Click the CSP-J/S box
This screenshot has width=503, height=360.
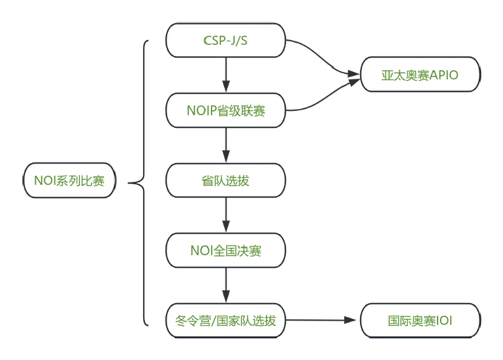pyautogui.click(x=225, y=41)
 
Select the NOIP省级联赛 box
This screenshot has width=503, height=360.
pyautogui.click(x=225, y=111)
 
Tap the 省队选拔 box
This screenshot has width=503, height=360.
pyautogui.click(x=225, y=181)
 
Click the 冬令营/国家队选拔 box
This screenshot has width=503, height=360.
pyautogui.click(x=225, y=321)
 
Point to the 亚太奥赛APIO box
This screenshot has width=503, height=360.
pyautogui.click(x=420, y=76)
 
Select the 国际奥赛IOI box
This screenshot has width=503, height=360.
pyautogui.click(x=420, y=321)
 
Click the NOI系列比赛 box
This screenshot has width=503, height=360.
pyautogui.click(x=69, y=181)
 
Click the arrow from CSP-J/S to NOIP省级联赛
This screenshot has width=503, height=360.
pyautogui.click(x=225, y=76)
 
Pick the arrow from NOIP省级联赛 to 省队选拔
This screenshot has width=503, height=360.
pyautogui.click(x=225, y=145)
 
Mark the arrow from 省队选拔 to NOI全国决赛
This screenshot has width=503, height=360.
pyautogui.click(x=225, y=216)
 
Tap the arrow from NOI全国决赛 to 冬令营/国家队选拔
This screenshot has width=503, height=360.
pyautogui.click(x=225, y=285)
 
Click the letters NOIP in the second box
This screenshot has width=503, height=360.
pyautogui.click(x=200, y=111)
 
